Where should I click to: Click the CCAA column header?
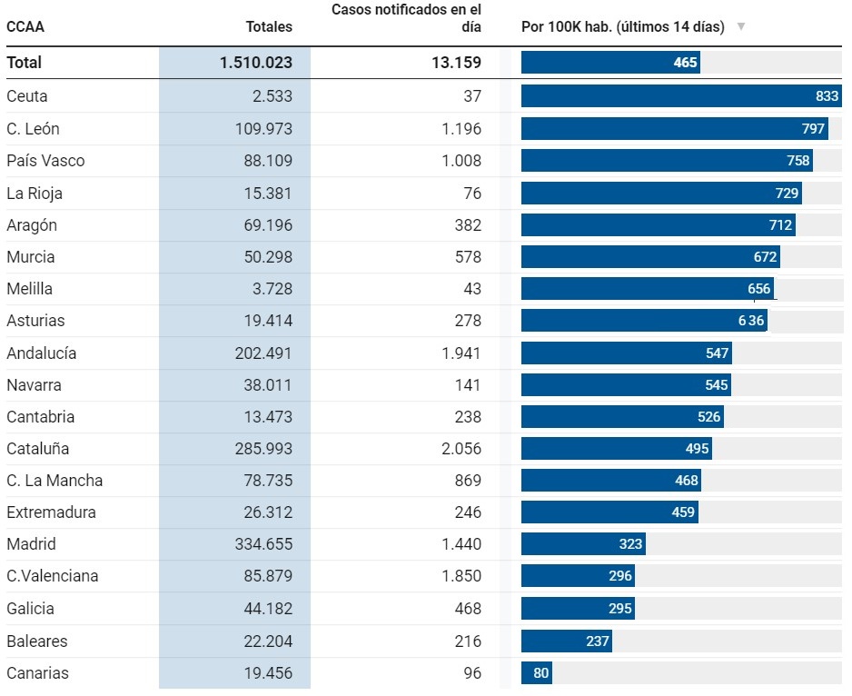(25, 27)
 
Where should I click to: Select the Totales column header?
(269, 27)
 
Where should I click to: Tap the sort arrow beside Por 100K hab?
(741, 27)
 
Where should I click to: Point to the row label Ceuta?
(27, 96)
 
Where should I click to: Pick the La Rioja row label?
(35, 194)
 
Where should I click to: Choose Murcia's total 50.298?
(263, 257)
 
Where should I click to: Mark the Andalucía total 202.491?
(260, 353)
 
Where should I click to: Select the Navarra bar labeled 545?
(626, 385)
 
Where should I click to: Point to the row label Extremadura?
(51, 512)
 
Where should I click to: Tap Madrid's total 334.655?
(260, 544)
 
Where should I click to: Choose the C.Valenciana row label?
(53, 576)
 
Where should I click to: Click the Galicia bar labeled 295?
(578, 609)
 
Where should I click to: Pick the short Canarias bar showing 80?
(536, 673)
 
